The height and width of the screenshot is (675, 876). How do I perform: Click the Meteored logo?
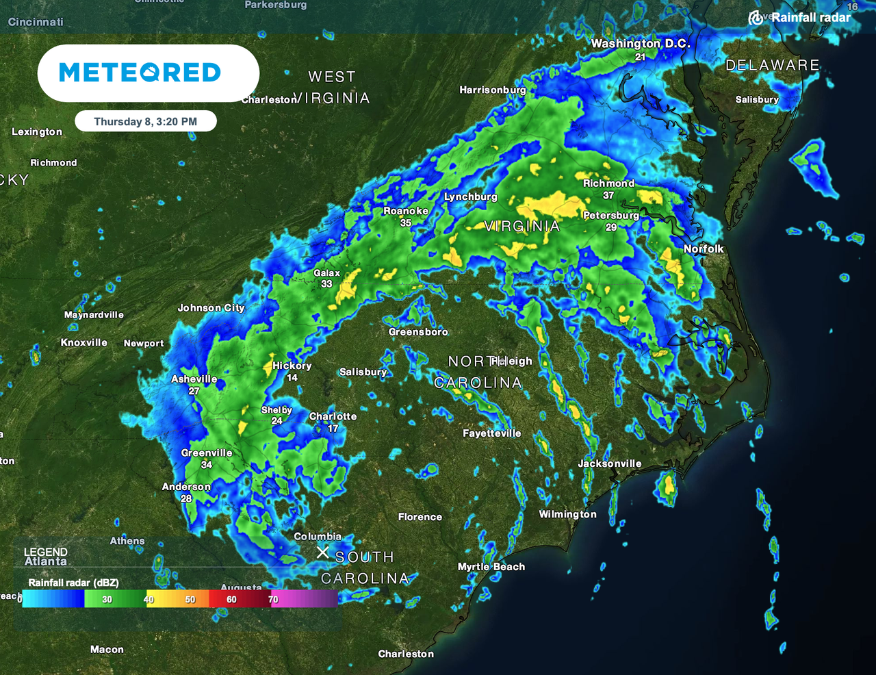pos(140,73)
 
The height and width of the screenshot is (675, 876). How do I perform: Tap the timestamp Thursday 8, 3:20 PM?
pos(145,122)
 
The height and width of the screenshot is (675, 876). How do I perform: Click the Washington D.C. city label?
pos(641,44)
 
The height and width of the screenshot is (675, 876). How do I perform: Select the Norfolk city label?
pos(704,249)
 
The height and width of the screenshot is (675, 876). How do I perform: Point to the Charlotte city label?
pos(333,416)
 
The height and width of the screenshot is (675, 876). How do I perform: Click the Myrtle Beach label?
pos(491,567)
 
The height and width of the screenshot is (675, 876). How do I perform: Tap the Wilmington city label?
pos(567,514)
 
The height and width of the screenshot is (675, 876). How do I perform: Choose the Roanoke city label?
pos(406,211)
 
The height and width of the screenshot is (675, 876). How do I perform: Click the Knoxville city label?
pos(84,342)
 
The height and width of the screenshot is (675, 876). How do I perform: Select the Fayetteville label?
pos(491,433)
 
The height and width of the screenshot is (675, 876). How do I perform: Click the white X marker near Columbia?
pos(322,552)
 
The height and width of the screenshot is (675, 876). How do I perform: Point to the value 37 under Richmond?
pos(608,195)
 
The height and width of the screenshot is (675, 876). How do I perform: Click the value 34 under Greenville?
pos(207,465)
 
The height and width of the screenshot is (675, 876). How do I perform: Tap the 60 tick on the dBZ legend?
pos(231,600)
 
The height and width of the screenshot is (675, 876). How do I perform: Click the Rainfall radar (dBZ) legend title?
pos(73,583)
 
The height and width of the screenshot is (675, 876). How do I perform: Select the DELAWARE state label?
pos(772,65)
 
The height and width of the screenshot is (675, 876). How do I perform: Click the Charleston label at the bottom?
pos(406,654)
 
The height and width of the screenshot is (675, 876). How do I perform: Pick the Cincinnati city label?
pos(36,22)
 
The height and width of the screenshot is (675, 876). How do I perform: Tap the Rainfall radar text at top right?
pos(810,17)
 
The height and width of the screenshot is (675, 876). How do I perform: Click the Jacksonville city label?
pos(610,463)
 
